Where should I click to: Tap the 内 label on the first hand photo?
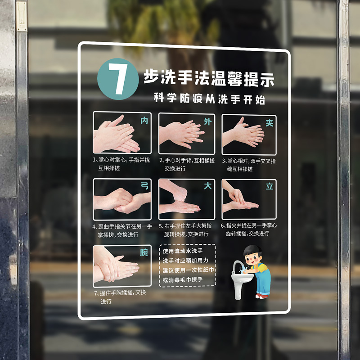tap(144, 121)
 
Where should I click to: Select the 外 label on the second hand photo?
tap(207, 121)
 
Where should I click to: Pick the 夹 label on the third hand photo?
tap(269, 122)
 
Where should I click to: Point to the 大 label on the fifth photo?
tap(207, 186)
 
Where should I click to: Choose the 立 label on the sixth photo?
tap(269, 186)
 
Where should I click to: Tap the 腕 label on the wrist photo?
tap(144, 252)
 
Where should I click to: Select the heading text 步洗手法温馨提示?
tap(208, 79)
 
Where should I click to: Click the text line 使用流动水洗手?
tap(183, 251)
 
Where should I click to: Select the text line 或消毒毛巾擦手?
tap(183, 280)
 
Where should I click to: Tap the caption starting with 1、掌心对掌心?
tap(121, 164)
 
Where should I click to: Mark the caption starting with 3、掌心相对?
tap(248, 164)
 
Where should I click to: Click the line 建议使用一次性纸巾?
tap(189, 270)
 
